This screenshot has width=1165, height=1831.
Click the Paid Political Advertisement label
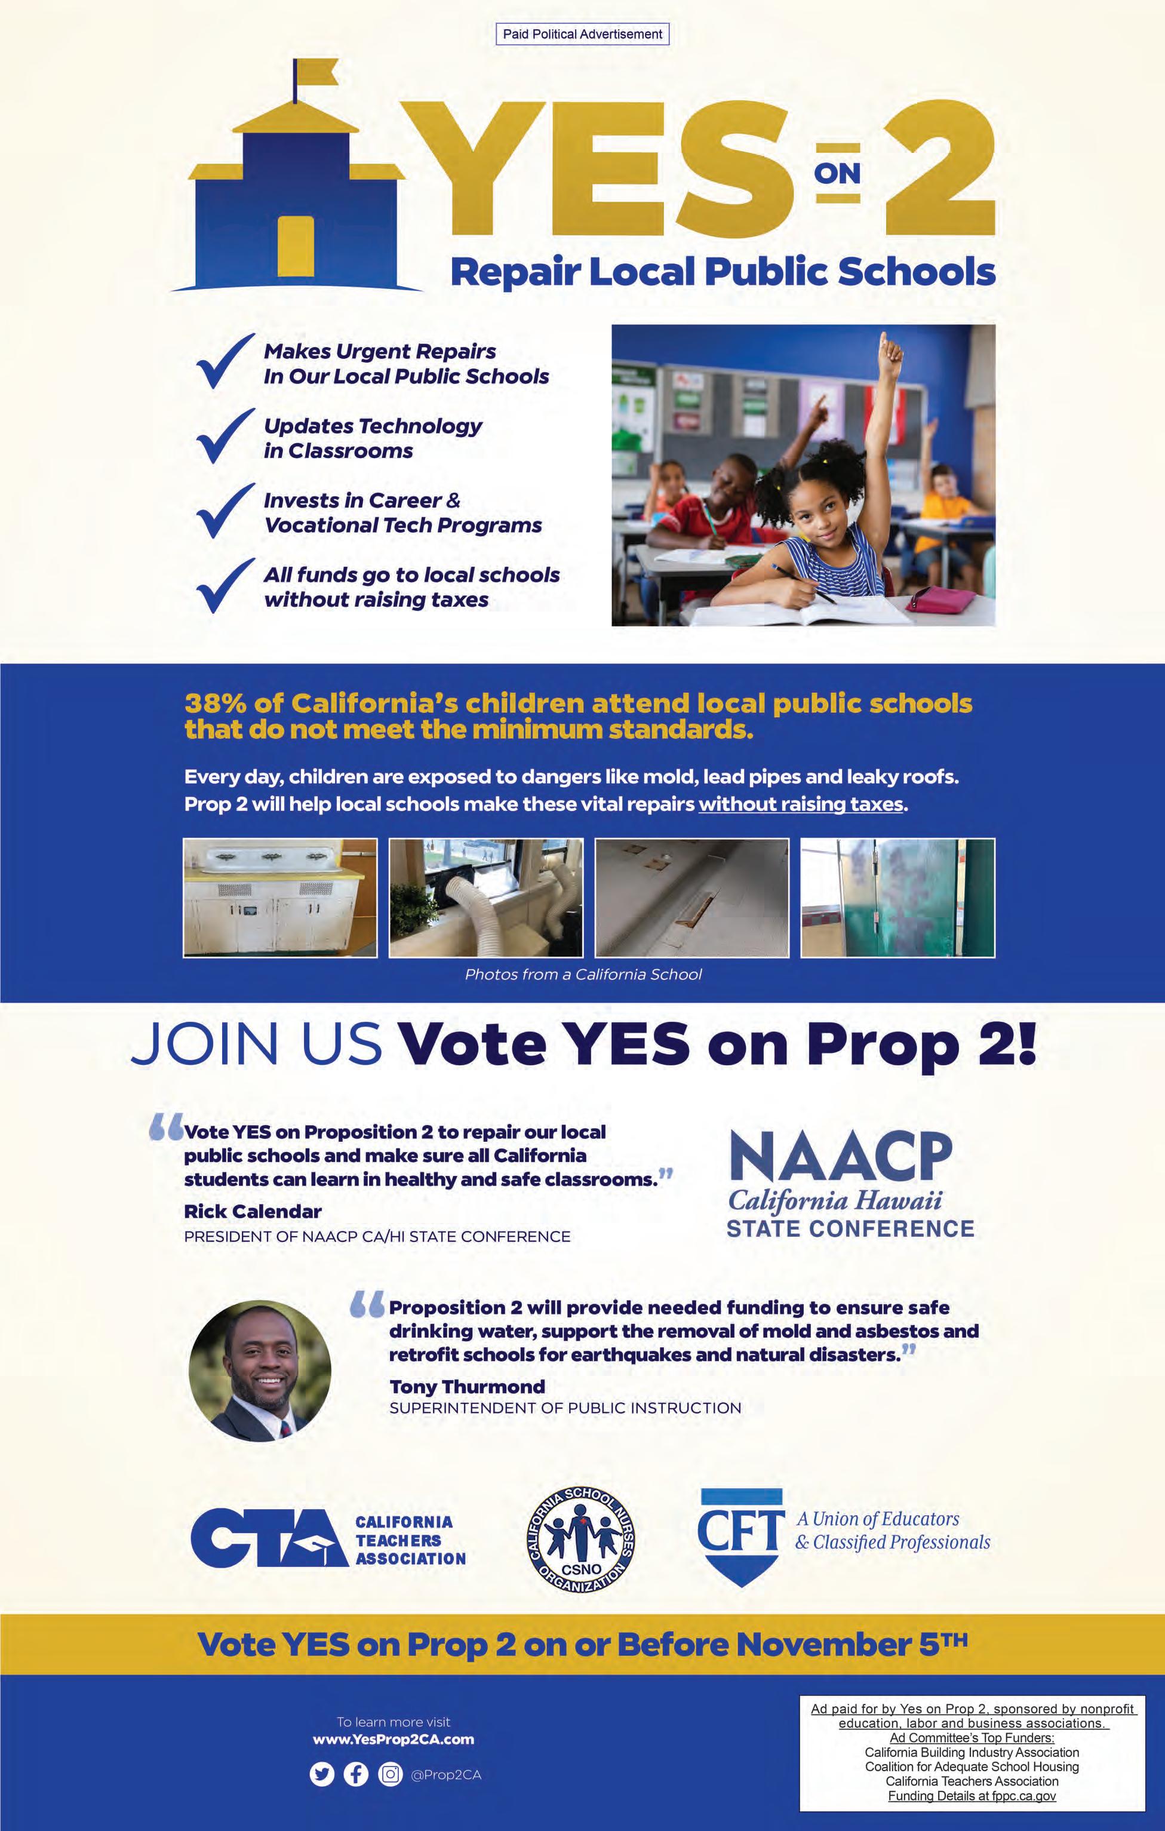[583, 34]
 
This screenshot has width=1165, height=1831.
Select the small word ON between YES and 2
[837, 173]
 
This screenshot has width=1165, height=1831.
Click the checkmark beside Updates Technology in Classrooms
[225, 437]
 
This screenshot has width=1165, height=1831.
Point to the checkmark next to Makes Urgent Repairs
[225, 362]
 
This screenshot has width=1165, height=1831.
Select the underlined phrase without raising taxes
[801, 804]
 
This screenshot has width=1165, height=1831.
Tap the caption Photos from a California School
[583, 974]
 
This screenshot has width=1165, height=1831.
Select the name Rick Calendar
[253, 1211]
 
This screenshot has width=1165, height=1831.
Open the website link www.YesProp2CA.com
[393, 1739]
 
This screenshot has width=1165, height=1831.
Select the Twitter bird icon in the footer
[322, 1775]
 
